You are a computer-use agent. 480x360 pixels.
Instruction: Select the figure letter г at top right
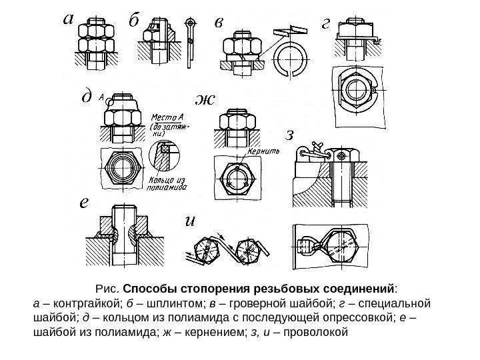click(x=326, y=23)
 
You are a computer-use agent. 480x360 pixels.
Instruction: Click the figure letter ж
click(x=205, y=101)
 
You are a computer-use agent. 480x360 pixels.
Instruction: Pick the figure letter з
click(x=289, y=135)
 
